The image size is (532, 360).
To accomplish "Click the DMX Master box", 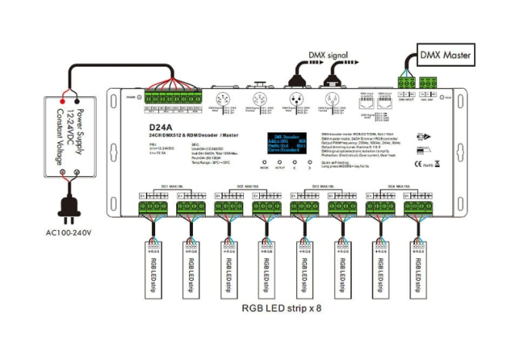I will click(446, 55).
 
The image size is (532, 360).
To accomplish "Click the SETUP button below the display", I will click(279, 163).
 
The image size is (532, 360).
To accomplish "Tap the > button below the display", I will click(309, 163).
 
